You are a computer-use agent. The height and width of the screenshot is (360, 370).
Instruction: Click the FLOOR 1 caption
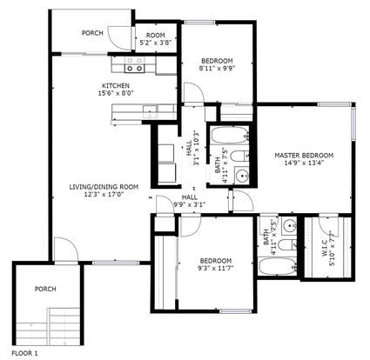coord(24,353)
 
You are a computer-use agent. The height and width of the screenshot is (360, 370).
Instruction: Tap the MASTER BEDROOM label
coord(304,156)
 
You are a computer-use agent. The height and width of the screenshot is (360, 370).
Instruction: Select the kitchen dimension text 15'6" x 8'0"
coord(116,93)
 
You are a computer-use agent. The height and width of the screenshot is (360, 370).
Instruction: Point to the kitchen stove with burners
coord(134,65)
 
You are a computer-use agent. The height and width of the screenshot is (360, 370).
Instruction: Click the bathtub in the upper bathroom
coord(230,135)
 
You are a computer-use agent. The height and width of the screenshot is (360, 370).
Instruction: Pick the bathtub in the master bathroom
coord(278,266)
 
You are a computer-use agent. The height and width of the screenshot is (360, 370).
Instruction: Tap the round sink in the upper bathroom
coord(241,176)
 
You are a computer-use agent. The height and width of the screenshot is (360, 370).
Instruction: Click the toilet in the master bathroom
coord(287,245)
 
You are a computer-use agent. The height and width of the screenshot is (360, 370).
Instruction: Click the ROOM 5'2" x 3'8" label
coord(156,39)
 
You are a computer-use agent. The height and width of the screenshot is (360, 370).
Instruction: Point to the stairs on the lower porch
coord(48,326)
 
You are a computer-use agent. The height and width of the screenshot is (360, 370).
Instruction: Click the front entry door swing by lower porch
coord(66,250)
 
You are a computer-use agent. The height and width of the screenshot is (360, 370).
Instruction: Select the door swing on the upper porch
coord(119,39)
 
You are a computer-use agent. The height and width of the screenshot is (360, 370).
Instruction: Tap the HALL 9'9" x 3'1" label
coord(190,201)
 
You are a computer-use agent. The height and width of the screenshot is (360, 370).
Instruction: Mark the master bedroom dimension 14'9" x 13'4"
coord(304,163)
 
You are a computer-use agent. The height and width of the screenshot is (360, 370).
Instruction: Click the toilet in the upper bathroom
coord(240,157)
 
